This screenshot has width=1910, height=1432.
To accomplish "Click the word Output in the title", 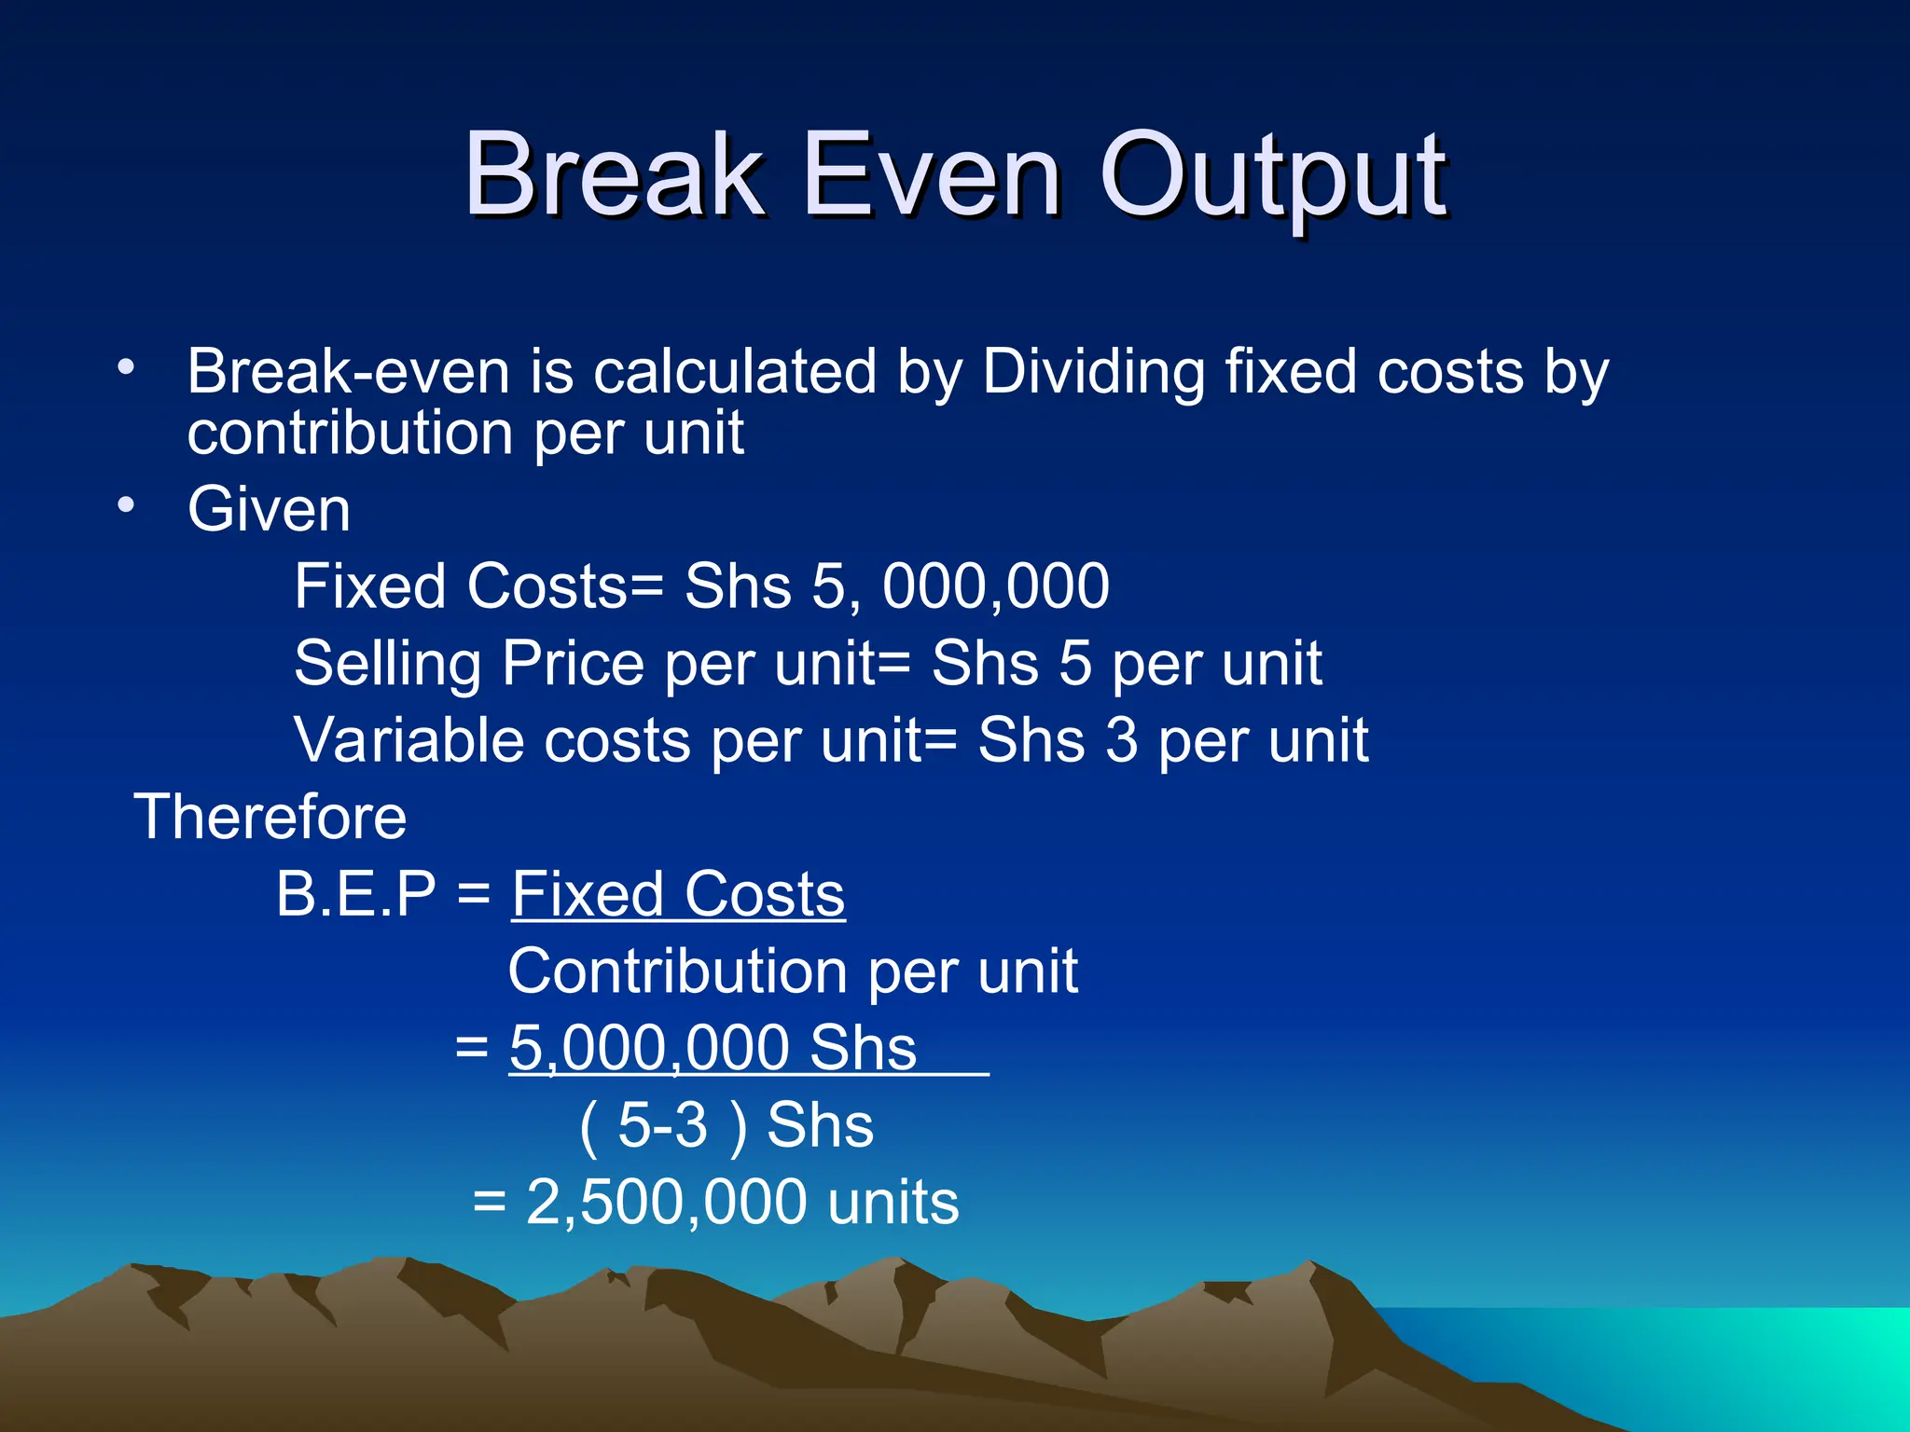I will point(1273,177).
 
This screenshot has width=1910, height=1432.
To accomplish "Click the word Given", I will point(269,510).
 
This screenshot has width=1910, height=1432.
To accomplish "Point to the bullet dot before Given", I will point(126,504).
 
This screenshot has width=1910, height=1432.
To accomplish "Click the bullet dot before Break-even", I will point(126,366).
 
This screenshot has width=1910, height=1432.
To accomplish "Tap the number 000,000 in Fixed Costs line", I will point(996,587).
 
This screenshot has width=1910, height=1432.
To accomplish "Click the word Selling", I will point(387,665).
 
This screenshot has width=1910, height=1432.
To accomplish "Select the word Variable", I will point(409,741).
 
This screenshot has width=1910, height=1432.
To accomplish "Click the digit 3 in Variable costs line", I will point(1122,741).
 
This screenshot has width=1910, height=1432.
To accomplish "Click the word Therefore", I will point(270,818).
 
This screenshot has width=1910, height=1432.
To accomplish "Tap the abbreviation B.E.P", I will point(356,894).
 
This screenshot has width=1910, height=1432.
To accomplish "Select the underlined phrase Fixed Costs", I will point(678,894).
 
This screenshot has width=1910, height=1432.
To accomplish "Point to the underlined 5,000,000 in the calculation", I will point(649,1048).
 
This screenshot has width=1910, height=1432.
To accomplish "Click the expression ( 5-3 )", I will point(663,1125).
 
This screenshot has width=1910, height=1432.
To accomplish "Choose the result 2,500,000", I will point(666,1202).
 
